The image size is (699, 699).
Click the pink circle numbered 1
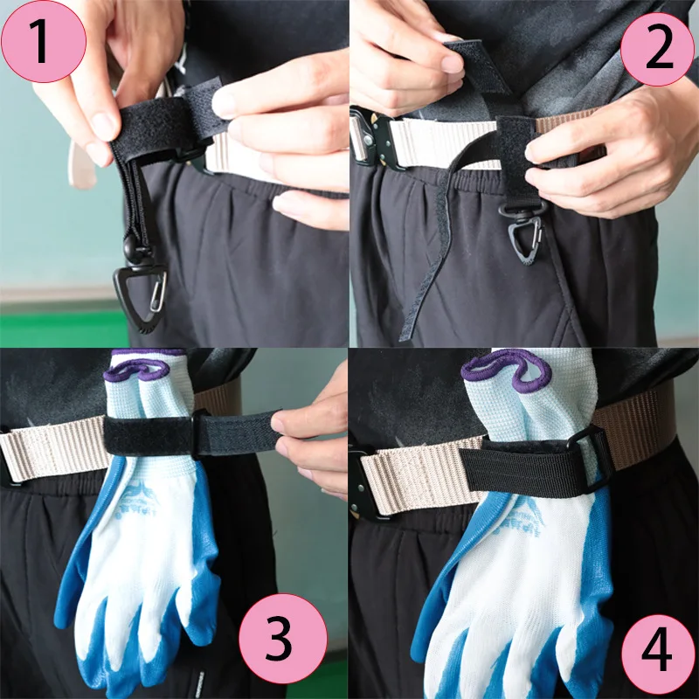43,41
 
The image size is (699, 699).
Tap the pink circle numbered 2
657,49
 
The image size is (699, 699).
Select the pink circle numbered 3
282,639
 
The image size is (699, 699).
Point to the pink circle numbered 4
658,652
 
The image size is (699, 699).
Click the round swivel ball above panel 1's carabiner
131,246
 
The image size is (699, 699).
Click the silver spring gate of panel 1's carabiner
157,291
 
